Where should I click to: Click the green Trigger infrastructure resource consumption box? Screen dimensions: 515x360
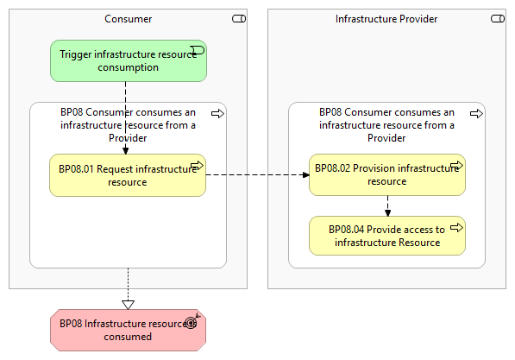click(x=129, y=60)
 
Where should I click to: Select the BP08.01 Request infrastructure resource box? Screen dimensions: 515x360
click(x=128, y=175)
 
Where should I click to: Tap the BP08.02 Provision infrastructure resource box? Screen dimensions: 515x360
click(x=387, y=175)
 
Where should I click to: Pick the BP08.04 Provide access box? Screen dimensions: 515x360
click(x=387, y=236)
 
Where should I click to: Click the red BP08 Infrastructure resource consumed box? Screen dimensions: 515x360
click(x=128, y=330)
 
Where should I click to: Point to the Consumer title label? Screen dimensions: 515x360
click(x=128, y=19)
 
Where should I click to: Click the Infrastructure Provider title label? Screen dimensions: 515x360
click(x=386, y=19)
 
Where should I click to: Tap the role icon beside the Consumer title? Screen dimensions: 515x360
click(x=239, y=19)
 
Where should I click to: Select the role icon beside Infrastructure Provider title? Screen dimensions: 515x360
click(x=498, y=19)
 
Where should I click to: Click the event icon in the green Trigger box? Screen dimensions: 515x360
click(x=198, y=50)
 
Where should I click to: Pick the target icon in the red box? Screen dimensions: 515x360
click(x=192, y=322)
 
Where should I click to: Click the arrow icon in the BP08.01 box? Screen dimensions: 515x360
click(x=197, y=165)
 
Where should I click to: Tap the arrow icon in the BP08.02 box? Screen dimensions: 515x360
click(x=456, y=165)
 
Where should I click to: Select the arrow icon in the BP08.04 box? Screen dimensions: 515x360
click(x=456, y=227)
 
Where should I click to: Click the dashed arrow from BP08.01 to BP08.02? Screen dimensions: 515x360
click(x=257, y=175)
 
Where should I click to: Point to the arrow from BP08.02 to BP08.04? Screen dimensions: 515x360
click(x=387, y=206)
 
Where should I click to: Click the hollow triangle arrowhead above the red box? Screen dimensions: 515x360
click(x=128, y=305)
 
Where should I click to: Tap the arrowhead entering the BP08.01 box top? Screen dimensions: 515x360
click(x=125, y=151)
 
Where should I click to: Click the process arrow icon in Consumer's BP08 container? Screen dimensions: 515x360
click(x=217, y=114)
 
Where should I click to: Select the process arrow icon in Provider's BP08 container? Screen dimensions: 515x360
click(x=476, y=114)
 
